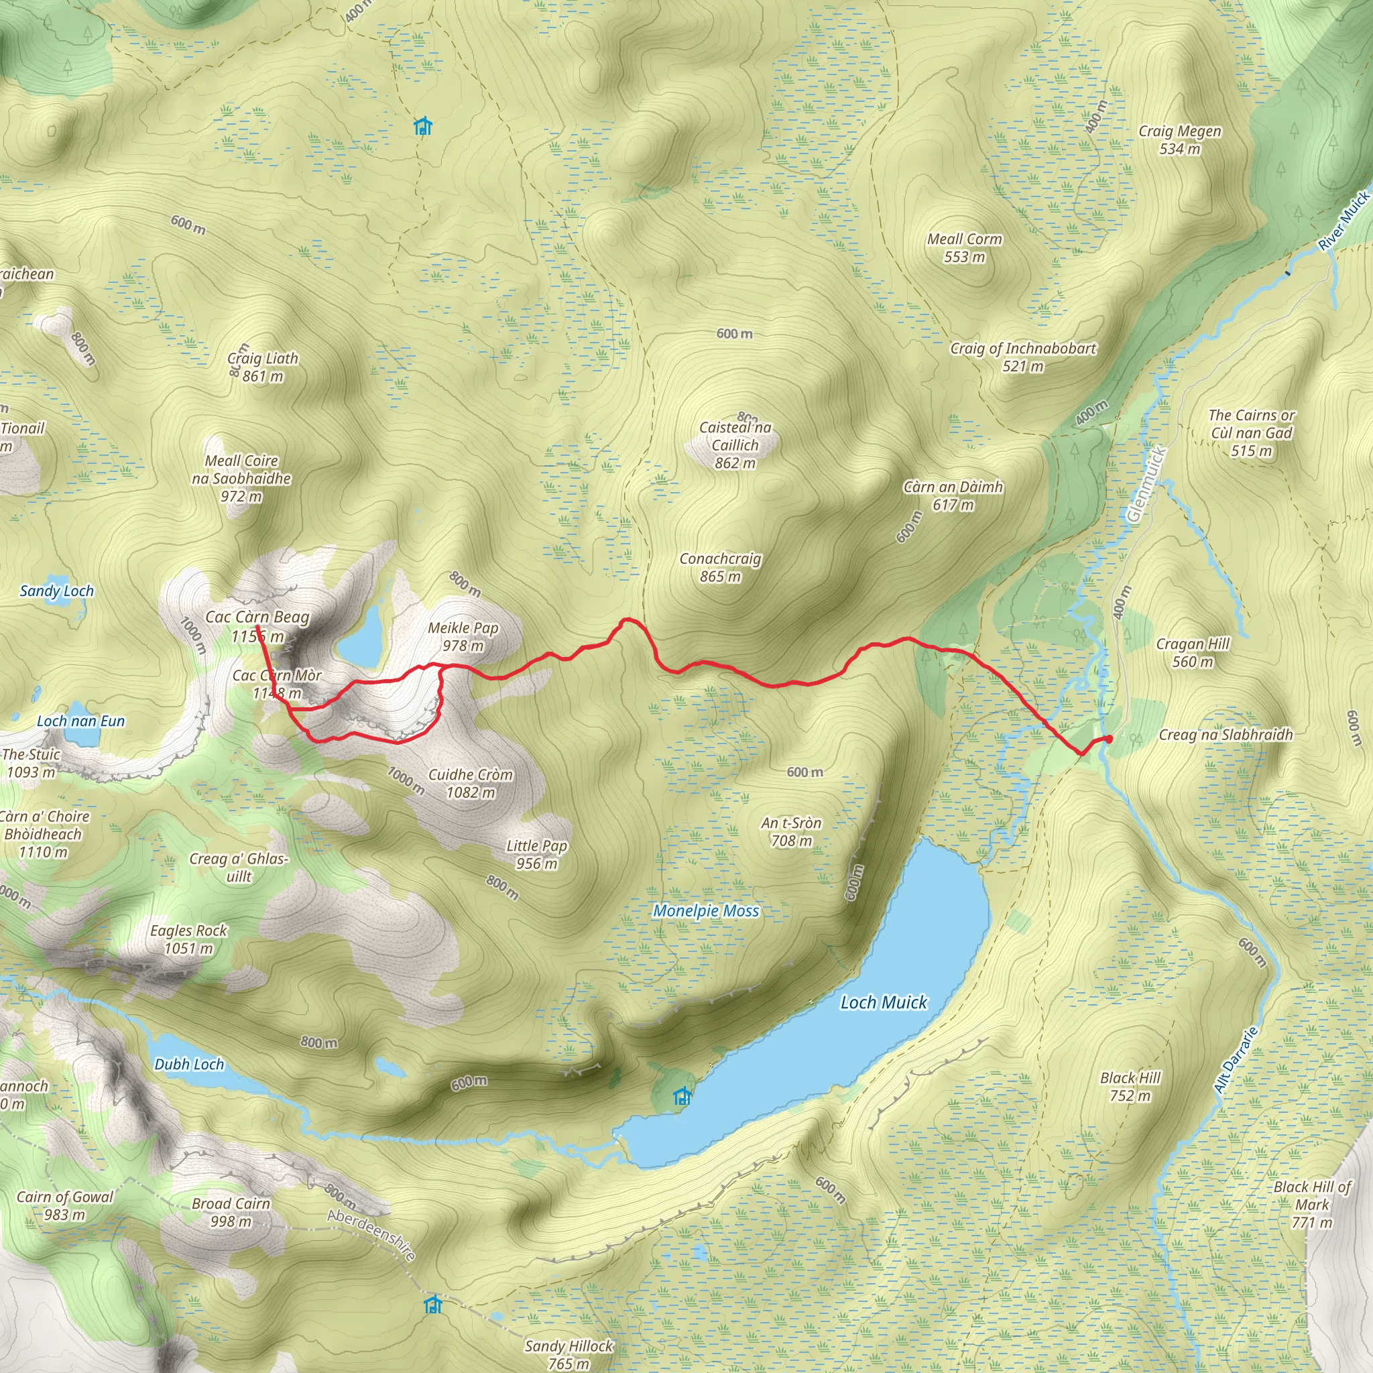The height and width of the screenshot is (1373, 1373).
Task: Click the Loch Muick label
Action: (x=884, y=1002)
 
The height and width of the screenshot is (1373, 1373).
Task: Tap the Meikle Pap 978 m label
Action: (x=463, y=637)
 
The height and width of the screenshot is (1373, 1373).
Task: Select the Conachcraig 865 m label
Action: (x=720, y=568)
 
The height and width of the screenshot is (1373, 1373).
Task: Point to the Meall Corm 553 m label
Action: (x=964, y=248)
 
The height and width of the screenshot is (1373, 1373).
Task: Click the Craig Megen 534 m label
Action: (x=1180, y=140)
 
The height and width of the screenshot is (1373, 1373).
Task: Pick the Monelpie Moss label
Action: (x=706, y=910)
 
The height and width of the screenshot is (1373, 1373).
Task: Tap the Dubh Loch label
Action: (x=189, y=1064)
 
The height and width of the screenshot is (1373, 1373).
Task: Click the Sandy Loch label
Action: (x=56, y=591)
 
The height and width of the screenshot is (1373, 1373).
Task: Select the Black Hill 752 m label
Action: (x=1130, y=1087)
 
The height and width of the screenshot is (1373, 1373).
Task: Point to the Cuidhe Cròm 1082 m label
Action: (x=471, y=783)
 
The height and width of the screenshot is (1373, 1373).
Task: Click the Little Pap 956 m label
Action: (x=536, y=854)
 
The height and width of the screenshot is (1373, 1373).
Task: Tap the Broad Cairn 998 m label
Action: (x=231, y=1212)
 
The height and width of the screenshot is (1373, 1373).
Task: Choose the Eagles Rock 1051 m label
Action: (x=188, y=939)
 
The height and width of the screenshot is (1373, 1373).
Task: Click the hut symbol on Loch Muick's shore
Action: (x=682, y=1097)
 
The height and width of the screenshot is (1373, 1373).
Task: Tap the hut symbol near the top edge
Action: (x=423, y=127)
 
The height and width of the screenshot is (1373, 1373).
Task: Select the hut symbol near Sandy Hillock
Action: (x=432, y=1305)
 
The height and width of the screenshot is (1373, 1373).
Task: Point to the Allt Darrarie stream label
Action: (x=1236, y=1060)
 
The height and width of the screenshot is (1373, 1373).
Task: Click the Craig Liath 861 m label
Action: (x=263, y=367)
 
